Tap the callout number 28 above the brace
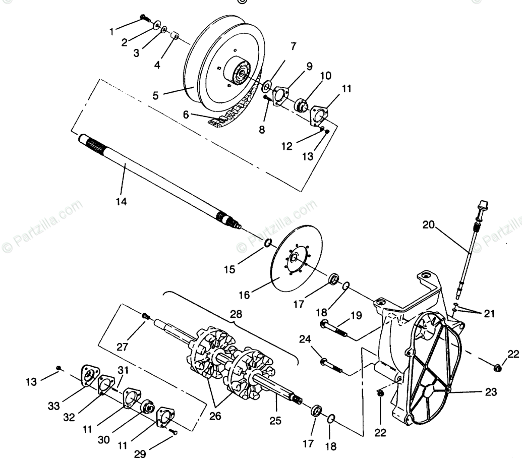point(236,314)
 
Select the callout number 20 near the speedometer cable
point(429,225)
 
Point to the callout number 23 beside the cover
point(491,391)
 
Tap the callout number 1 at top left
point(112,31)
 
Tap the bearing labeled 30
point(148,407)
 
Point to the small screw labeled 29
point(174,431)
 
